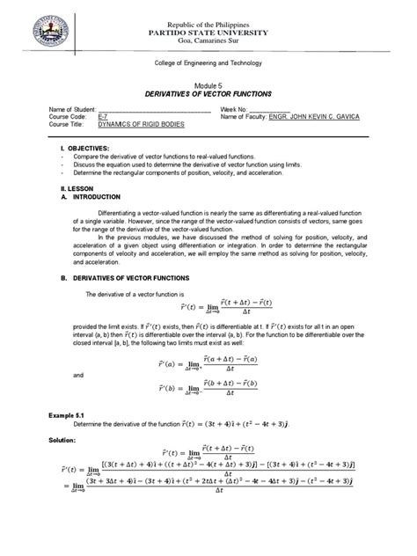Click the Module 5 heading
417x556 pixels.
[x=208, y=82]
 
